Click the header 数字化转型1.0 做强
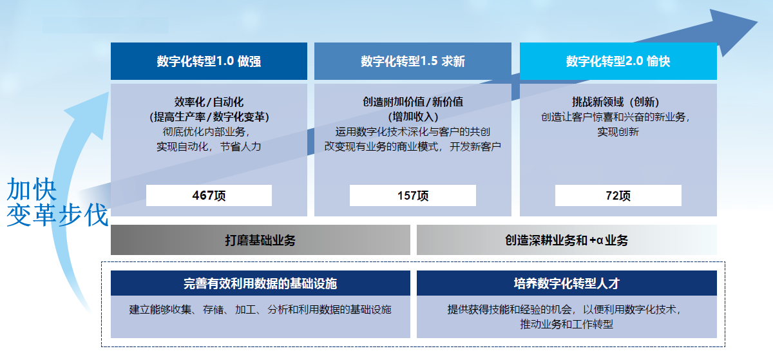coord(209,61)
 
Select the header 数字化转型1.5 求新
coord(413,61)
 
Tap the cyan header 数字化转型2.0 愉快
coord(618,61)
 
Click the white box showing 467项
coord(209,195)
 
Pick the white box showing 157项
coord(413,195)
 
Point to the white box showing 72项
coord(618,195)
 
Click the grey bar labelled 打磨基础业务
coord(260,240)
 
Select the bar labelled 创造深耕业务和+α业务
coord(567,240)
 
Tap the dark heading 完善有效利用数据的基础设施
coord(260,283)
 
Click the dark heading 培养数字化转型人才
coord(567,283)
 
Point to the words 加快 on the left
coord(32,189)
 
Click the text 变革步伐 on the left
coord(57,215)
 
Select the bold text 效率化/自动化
coord(209,102)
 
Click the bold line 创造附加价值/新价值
coord(413,102)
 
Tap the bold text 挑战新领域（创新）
coord(616,102)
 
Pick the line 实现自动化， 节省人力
coord(209,147)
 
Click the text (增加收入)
coord(413,117)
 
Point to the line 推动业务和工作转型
coord(567,324)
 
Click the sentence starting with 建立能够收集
coord(260,310)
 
